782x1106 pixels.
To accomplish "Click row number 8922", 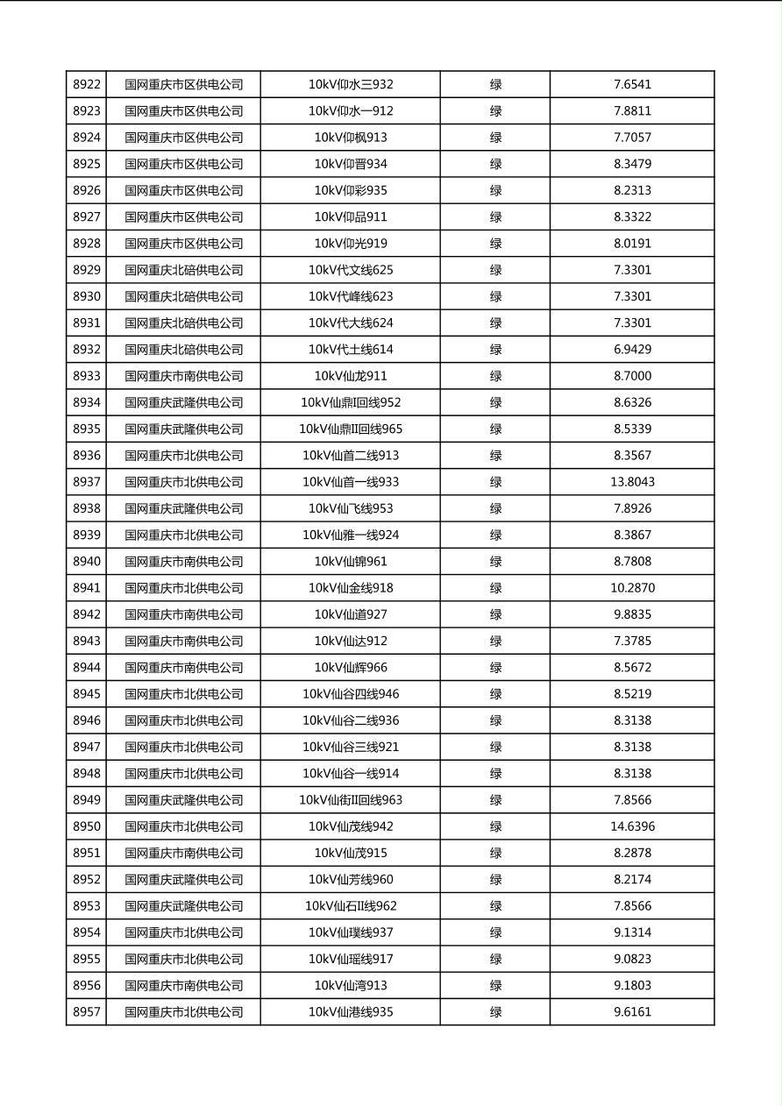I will [x=87, y=85].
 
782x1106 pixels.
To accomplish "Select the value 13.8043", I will [x=632, y=482].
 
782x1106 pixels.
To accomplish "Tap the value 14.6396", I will [x=632, y=826].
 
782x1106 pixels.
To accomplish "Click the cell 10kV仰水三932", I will [x=351, y=85].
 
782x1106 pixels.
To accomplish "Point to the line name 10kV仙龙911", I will [x=351, y=376].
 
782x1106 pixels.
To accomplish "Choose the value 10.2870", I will [x=632, y=588].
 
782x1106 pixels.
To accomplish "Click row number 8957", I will [x=87, y=1012].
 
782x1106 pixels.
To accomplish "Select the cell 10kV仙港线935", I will [x=351, y=1012].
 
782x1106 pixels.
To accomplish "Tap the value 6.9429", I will [x=632, y=350].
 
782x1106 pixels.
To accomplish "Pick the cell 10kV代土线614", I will [x=351, y=350].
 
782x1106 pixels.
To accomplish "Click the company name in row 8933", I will [x=183, y=376].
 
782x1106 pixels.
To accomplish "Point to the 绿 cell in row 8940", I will [x=495, y=562].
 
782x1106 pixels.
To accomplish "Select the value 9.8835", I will [x=632, y=614].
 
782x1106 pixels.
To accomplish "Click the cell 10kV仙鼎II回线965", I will [x=351, y=429].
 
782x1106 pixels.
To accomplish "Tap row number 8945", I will [x=87, y=694].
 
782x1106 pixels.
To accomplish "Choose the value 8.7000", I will [x=632, y=376].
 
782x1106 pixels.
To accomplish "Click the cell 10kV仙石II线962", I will [x=351, y=906].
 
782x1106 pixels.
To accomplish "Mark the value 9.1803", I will [x=632, y=986].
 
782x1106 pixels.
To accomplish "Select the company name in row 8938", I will [x=183, y=508].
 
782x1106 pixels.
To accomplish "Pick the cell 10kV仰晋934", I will [x=351, y=164].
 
